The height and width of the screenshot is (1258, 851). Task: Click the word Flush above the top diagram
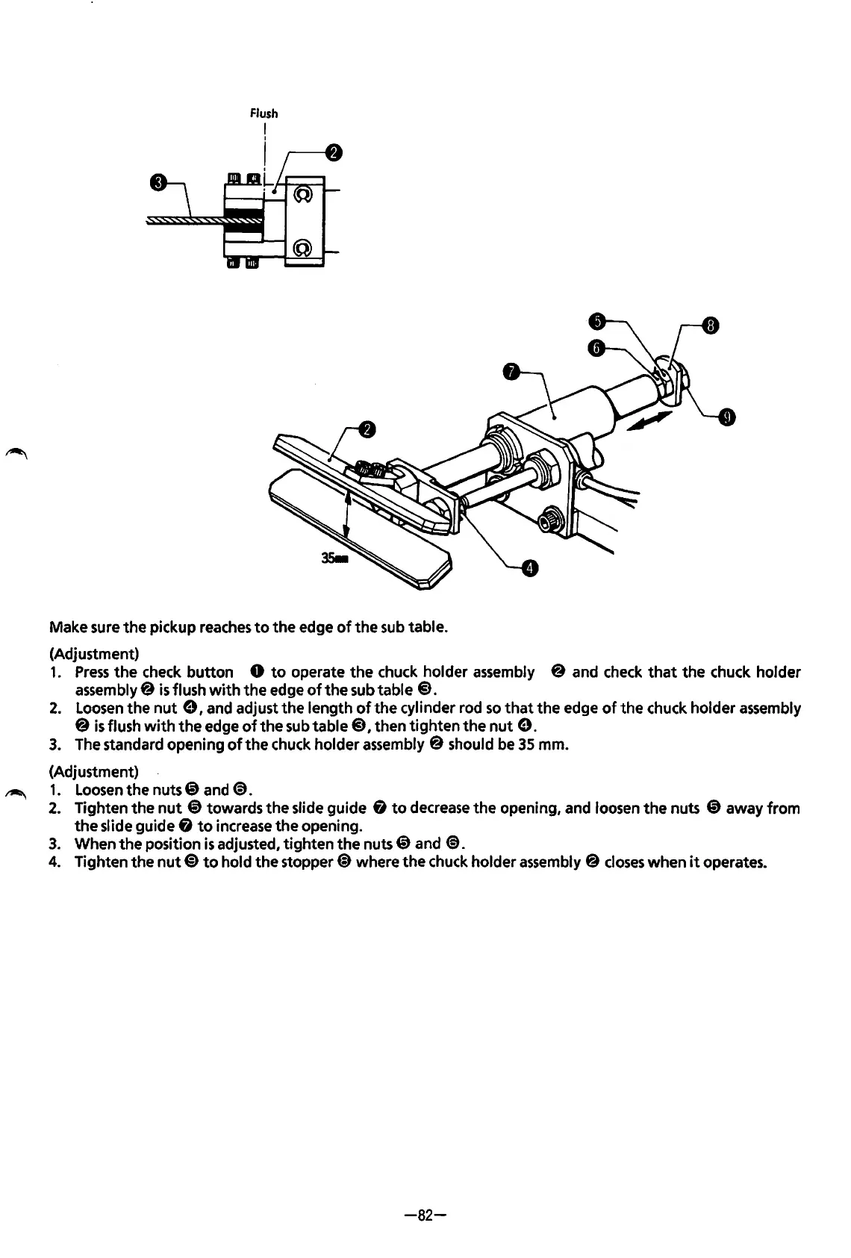click(x=263, y=113)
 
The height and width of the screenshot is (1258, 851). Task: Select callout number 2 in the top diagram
click(x=334, y=153)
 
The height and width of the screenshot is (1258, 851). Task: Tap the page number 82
click(x=425, y=1215)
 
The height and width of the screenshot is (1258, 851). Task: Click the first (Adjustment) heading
click(x=93, y=654)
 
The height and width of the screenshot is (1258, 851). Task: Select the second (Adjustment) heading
click(x=93, y=770)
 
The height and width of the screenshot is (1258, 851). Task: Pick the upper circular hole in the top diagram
click(x=302, y=195)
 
